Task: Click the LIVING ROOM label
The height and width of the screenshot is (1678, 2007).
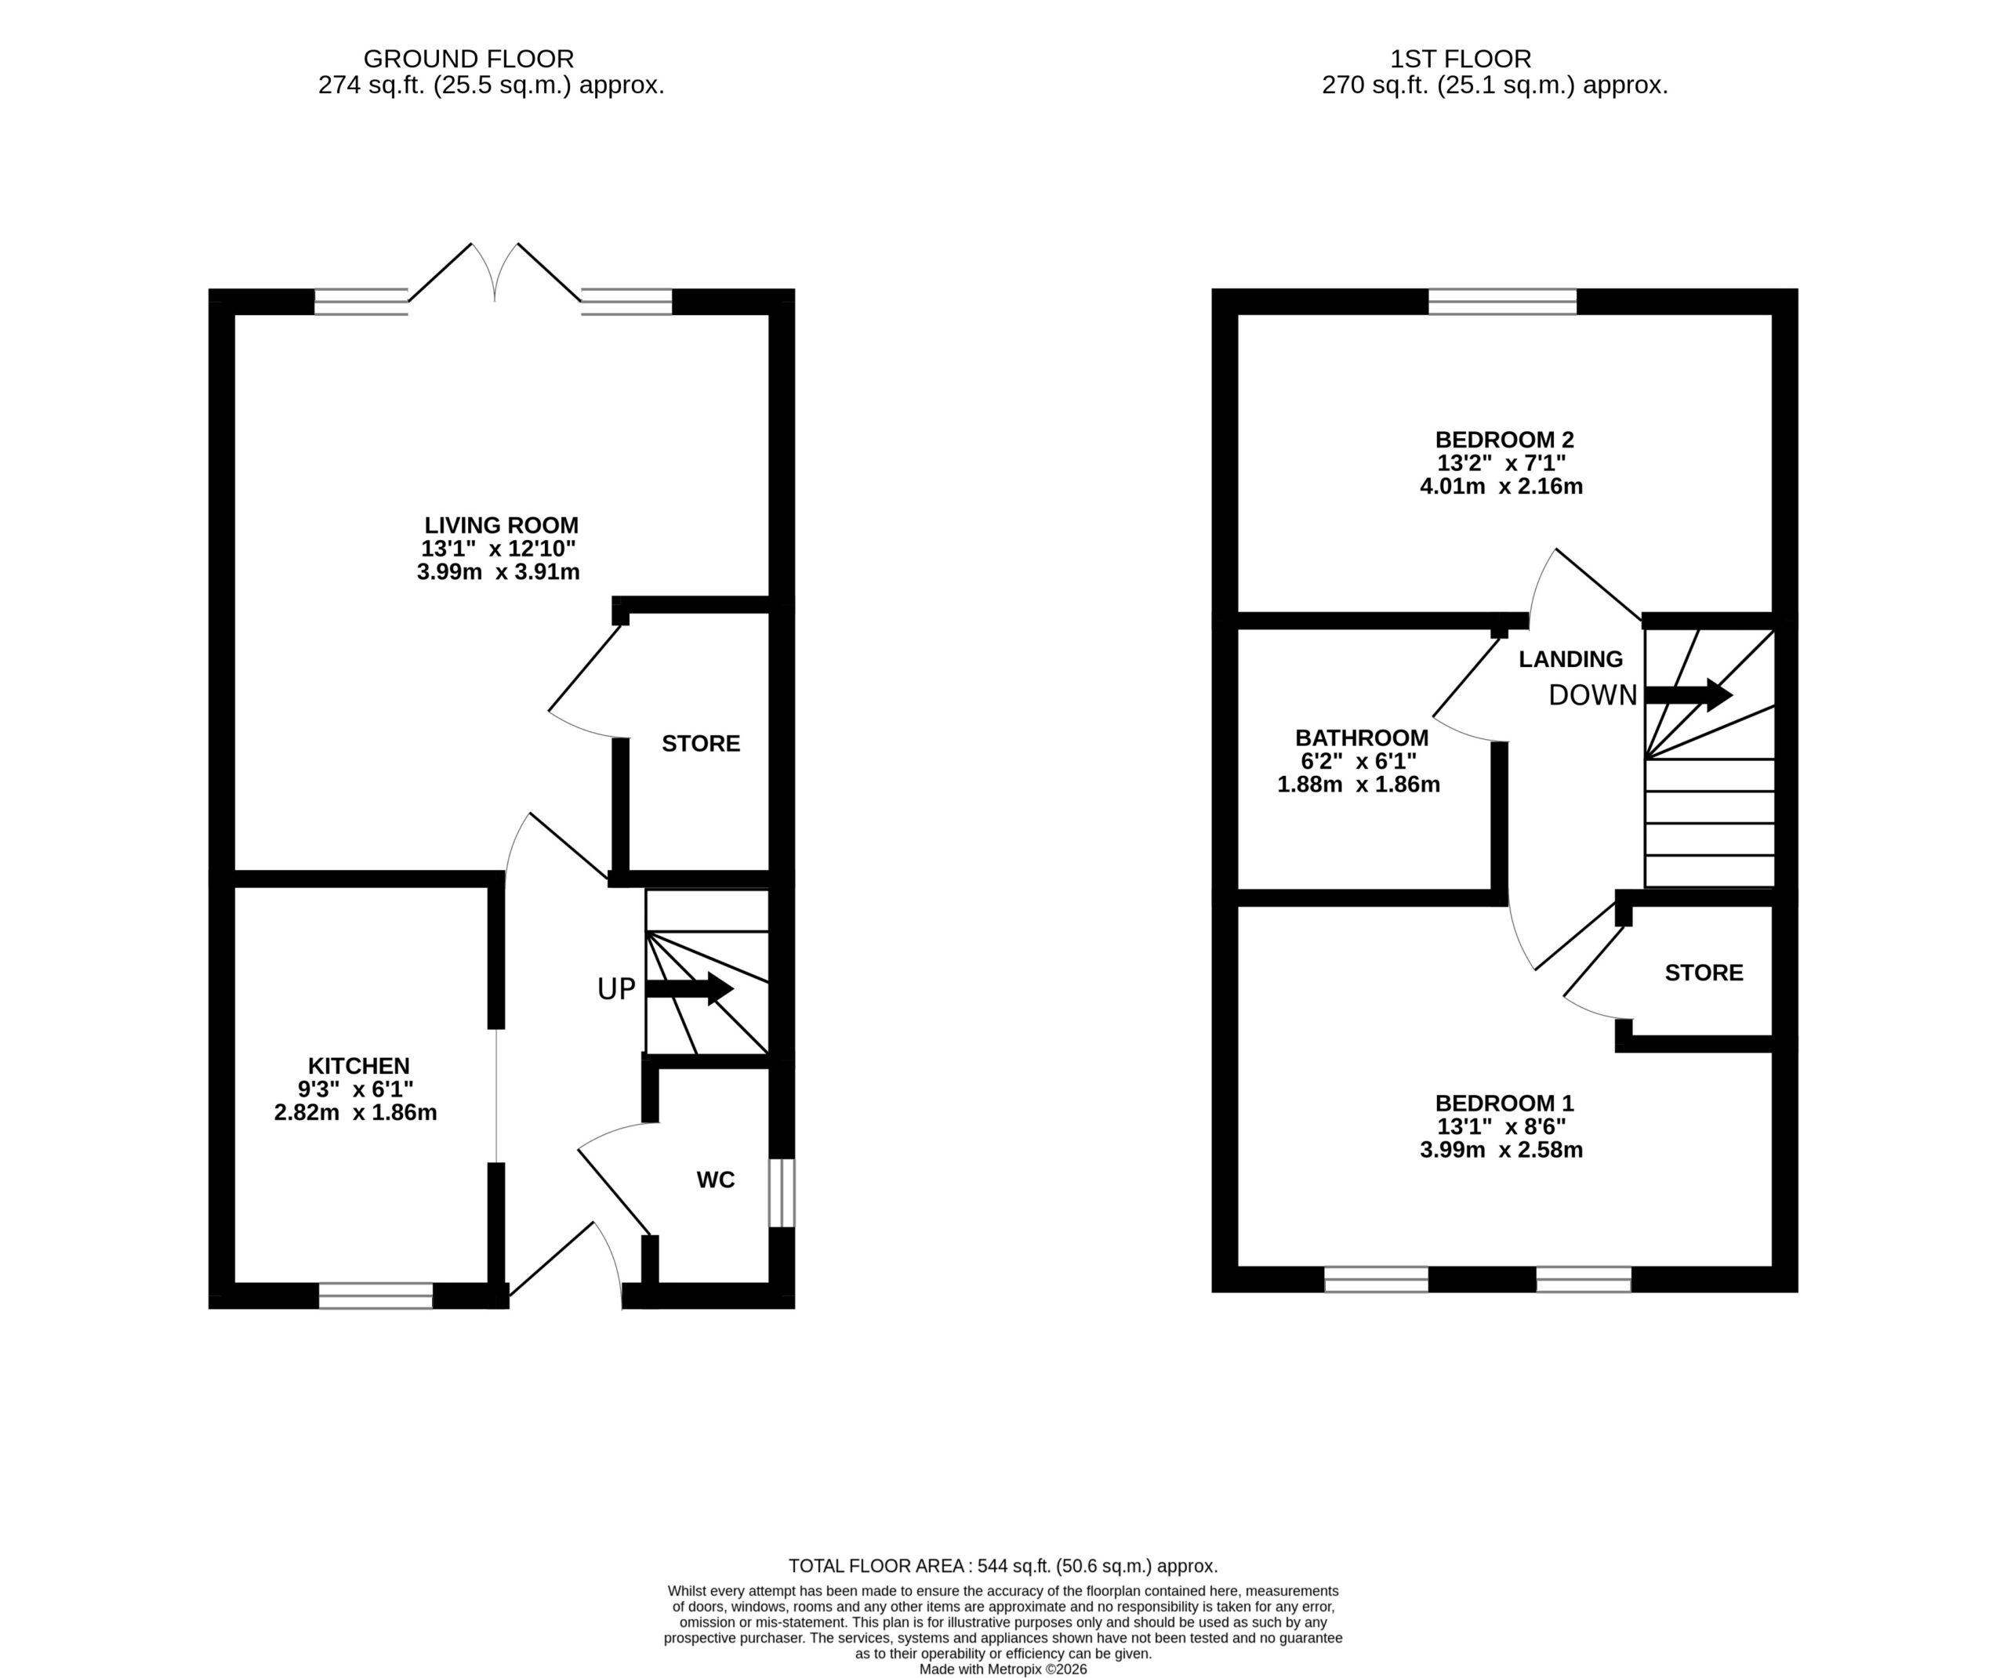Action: click(501, 526)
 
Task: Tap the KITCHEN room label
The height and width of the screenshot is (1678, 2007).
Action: click(358, 1065)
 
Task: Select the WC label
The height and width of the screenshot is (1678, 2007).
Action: click(716, 1180)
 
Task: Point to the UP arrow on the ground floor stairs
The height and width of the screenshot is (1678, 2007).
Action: click(689, 989)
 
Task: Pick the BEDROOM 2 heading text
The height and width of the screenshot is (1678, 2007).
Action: click(1504, 440)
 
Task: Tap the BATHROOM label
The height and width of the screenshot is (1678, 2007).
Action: click(1362, 738)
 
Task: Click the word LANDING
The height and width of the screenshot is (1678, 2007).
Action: click(1570, 658)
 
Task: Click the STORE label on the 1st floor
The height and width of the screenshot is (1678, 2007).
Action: click(1704, 973)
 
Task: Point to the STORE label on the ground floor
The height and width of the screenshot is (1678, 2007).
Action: click(701, 744)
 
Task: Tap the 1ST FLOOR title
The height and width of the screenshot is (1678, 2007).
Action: click(1461, 60)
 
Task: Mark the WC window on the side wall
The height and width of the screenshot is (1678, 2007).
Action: click(782, 1193)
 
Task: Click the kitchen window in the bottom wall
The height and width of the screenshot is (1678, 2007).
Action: click(376, 1296)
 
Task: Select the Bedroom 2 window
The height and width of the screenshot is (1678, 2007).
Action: click(1502, 301)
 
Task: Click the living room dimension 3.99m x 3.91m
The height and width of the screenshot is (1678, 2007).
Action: click(498, 572)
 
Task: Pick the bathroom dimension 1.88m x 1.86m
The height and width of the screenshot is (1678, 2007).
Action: click(1358, 785)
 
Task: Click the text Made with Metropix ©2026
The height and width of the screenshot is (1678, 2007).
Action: click(1003, 1669)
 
